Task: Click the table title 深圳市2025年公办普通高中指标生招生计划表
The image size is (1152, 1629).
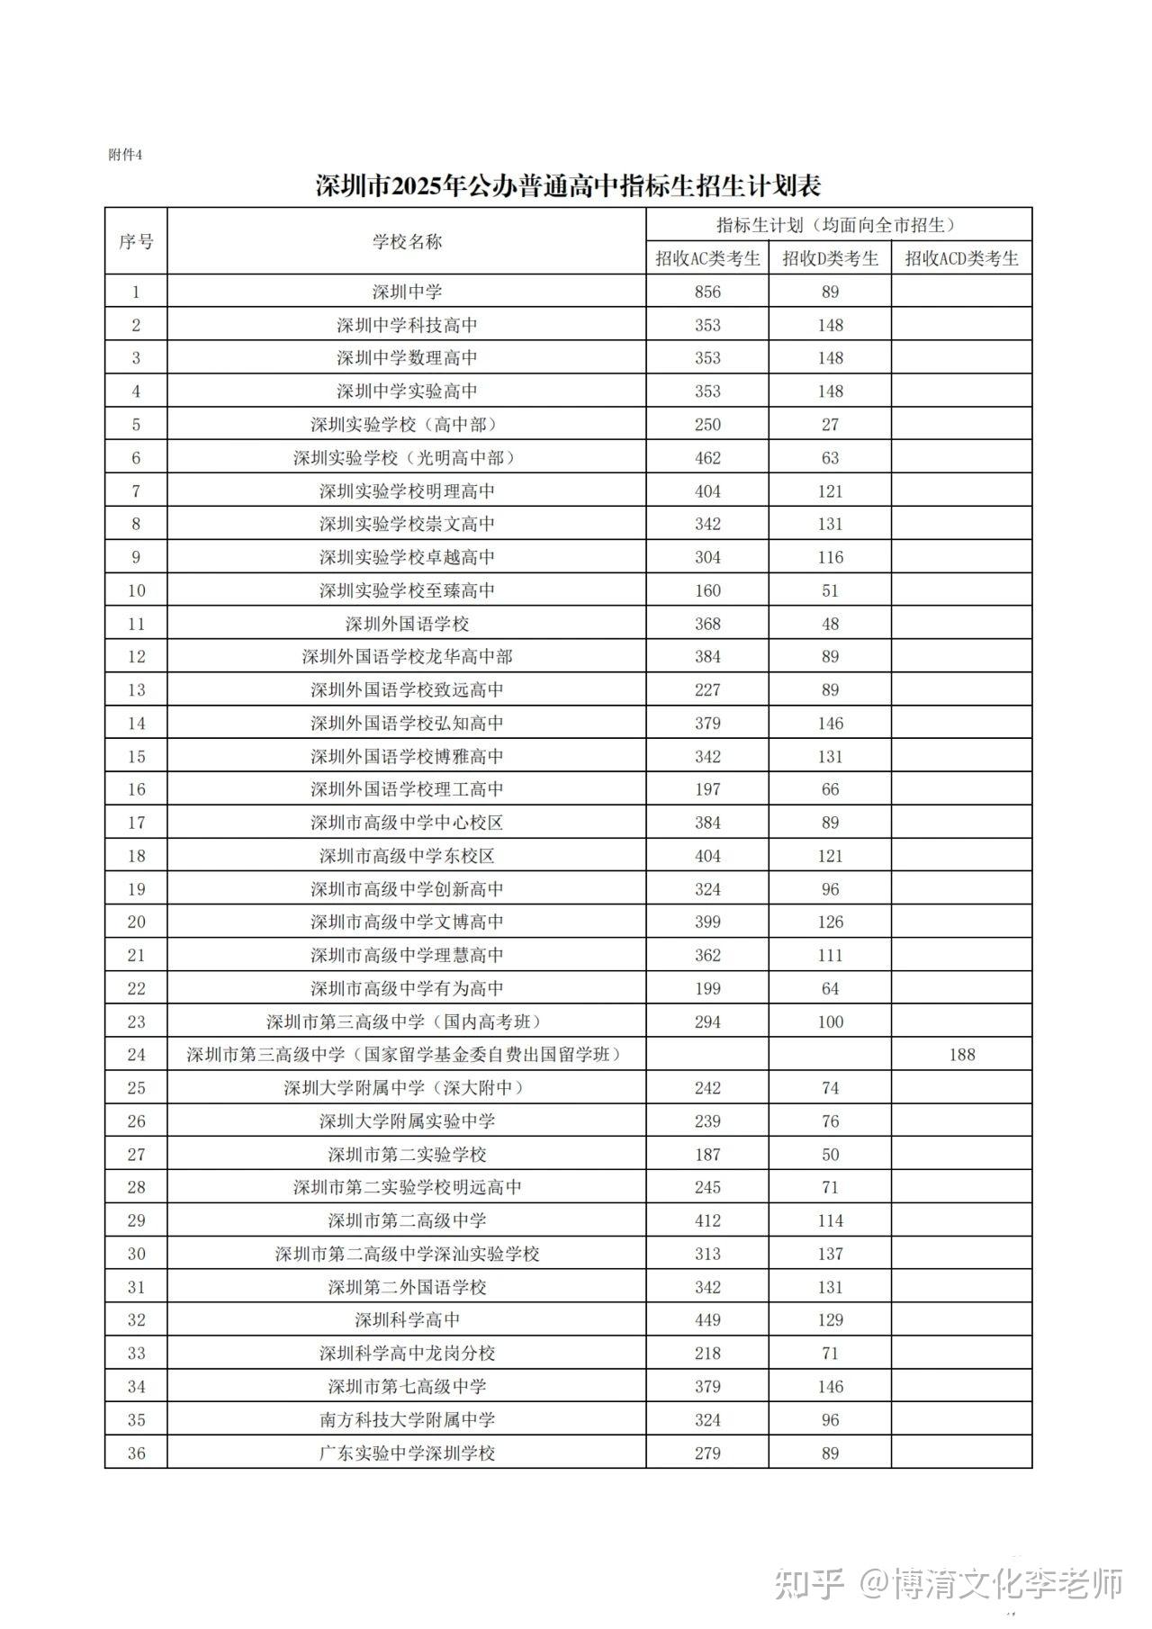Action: pos(568,186)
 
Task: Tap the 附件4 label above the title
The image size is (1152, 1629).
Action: pos(125,155)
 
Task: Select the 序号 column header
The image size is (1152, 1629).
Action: pos(136,241)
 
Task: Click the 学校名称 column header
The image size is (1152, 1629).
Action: pos(407,241)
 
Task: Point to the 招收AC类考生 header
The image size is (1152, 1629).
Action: pos(707,259)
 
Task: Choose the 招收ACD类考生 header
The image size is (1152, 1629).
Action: pos(961,259)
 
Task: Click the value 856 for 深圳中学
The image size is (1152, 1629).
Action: pos(707,292)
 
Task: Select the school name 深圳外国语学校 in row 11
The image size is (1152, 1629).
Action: pos(407,624)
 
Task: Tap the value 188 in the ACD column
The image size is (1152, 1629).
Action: pos(961,1054)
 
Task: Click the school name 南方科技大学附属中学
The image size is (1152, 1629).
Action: pos(407,1419)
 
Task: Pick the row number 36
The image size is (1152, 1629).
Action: pos(136,1453)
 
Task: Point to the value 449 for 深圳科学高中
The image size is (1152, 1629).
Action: pos(707,1319)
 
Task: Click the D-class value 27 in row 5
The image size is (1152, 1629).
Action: pos(830,424)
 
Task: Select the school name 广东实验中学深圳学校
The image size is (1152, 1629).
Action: pos(407,1453)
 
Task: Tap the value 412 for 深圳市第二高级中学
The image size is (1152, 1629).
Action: pos(707,1220)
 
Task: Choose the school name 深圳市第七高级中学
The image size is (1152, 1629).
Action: pos(407,1386)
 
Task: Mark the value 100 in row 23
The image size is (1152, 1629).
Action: pos(830,1021)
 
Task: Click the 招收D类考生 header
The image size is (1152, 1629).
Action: pos(830,259)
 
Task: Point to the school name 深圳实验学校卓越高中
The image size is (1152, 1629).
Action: pos(407,557)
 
